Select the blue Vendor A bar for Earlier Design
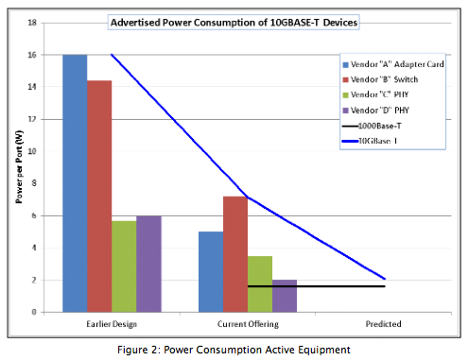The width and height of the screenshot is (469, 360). (x=75, y=183)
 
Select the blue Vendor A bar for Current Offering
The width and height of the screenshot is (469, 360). (x=211, y=271)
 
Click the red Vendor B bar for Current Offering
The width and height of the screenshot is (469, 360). (x=235, y=254)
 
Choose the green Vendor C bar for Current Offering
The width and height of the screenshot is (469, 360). (x=260, y=283)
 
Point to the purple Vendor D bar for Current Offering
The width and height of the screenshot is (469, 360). (x=285, y=296)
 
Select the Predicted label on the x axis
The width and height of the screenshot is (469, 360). (x=383, y=324)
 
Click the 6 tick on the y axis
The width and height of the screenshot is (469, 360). (x=35, y=216)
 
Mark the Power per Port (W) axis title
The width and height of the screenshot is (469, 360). (x=17, y=167)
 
